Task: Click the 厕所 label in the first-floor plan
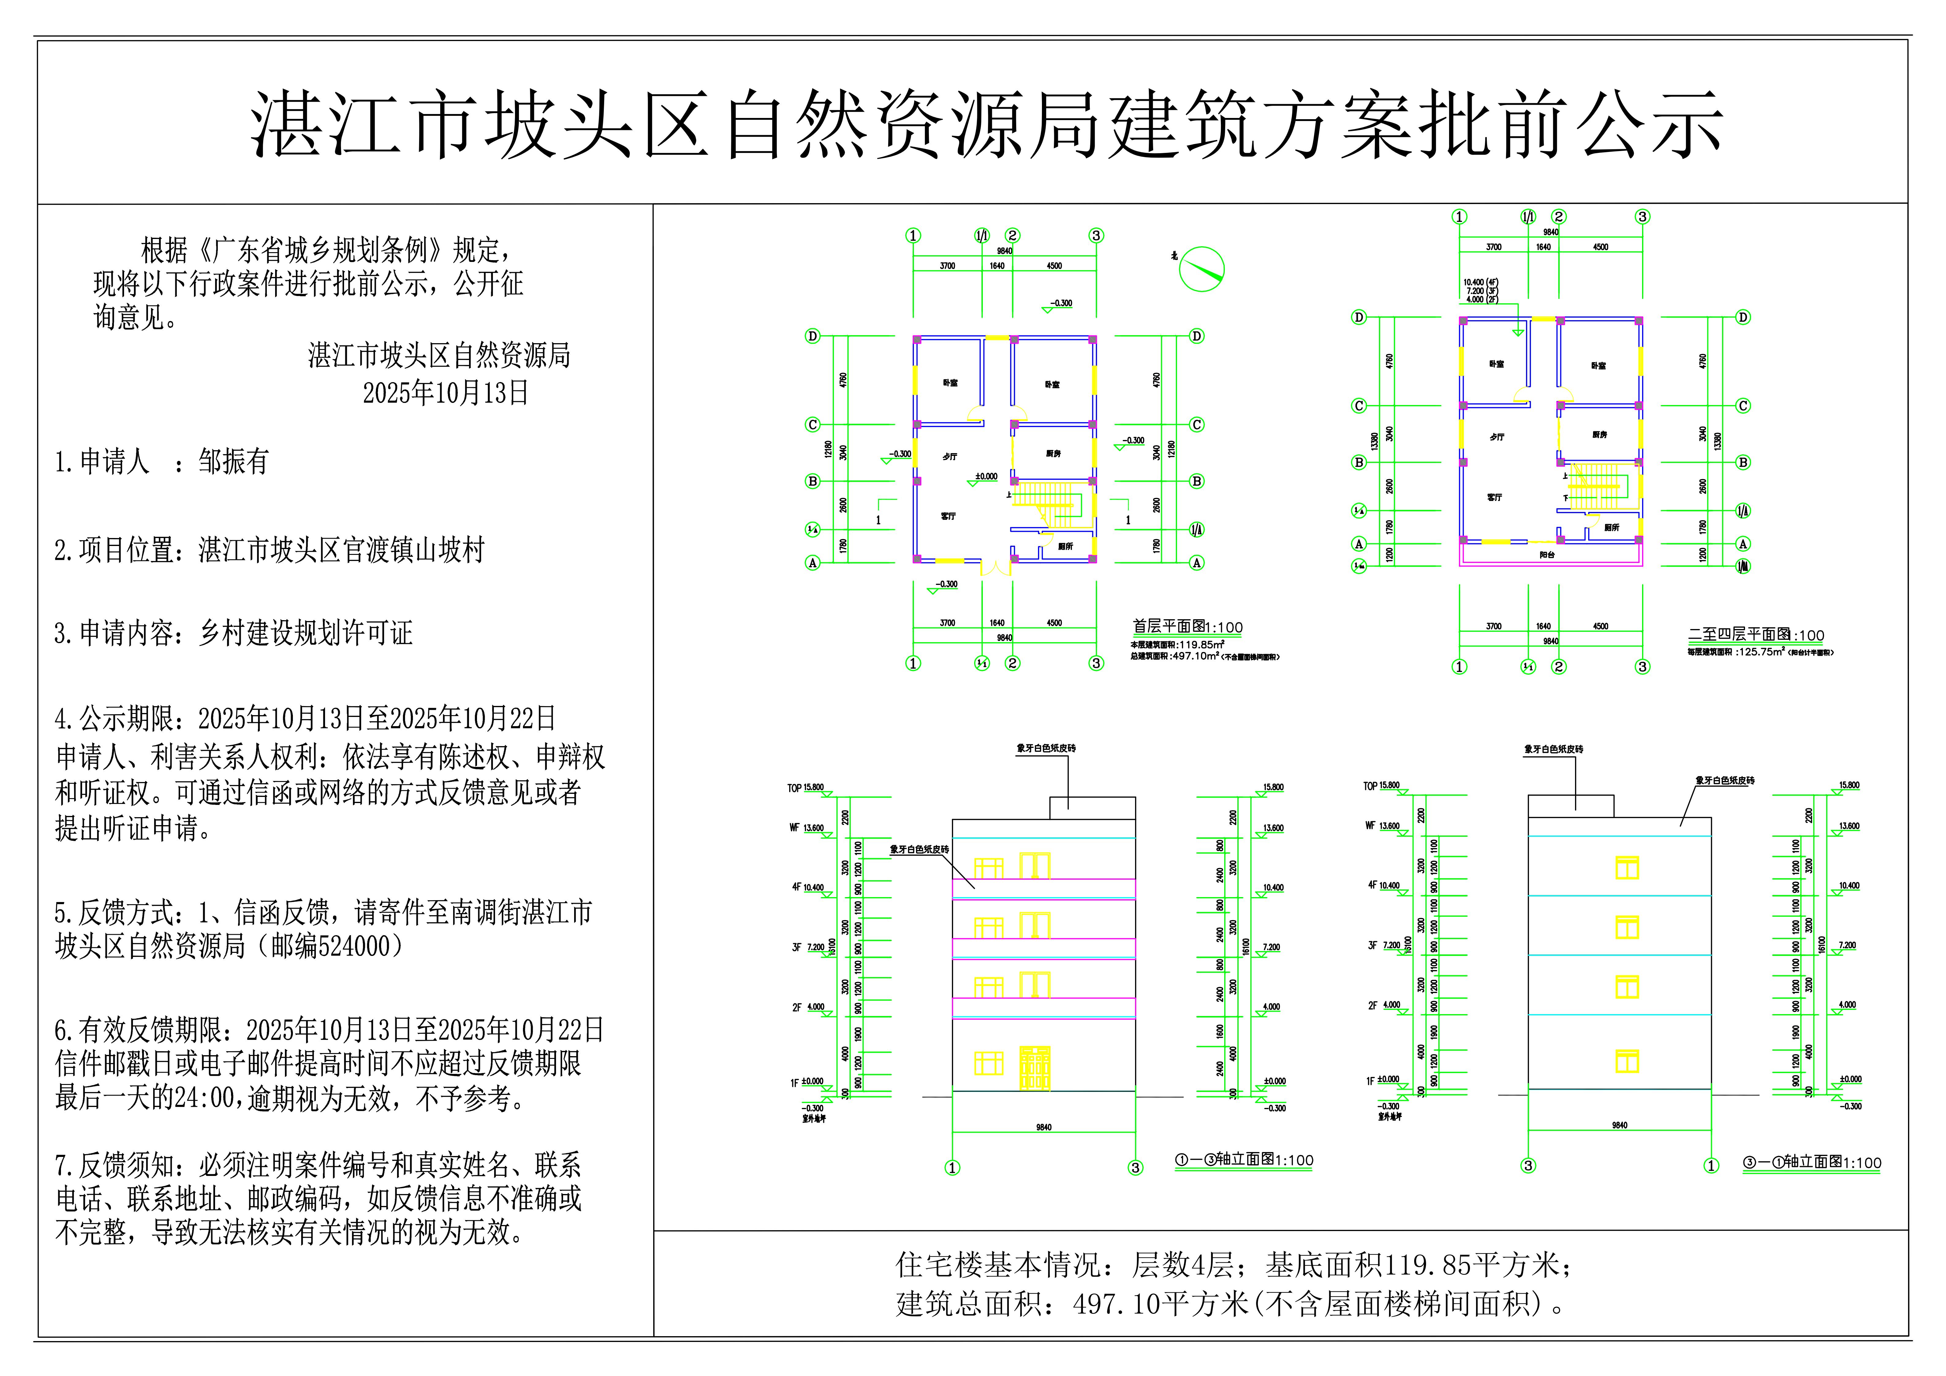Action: pyautogui.click(x=1066, y=546)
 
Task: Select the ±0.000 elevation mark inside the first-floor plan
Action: pyautogui.click(x=986, y=476)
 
